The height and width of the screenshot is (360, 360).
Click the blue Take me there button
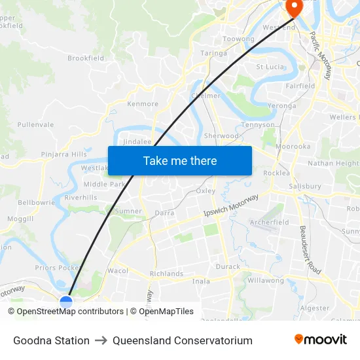pyautogui.click(x=180, y=160)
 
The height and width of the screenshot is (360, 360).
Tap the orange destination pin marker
pyautogui.click(x=293, y=8)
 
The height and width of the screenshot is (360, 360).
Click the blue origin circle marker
pyautogui.click(x=66, y=302)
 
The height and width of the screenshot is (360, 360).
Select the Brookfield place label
pyautogui.click(x=86, y=58)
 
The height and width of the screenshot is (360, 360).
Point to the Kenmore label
pyautogui.click(x=143, y=104)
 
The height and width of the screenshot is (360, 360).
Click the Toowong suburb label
pyautogui.click(x=238, y=39)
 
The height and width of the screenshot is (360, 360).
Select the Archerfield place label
pyautogui.click(x=269, y=223)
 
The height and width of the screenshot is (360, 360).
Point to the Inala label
pyautogui.click(x=201, y=281)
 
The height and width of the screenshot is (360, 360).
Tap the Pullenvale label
pyautogui.click(x=35, y=124)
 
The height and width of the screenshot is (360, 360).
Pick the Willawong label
pyautogui.click(x=266, y=281)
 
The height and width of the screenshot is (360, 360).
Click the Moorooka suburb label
pyautogui.click(x=293, y=147)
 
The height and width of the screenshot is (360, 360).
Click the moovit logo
pyautogui.click(x=321, y=340)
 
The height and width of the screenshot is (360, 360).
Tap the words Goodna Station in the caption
pyautogui.click(x=51, y=340)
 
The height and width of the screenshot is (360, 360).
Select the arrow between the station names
pyautogui.click(x=101, y=340)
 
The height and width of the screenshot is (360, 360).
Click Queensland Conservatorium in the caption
pyautogui.click(x=182, y=340)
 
